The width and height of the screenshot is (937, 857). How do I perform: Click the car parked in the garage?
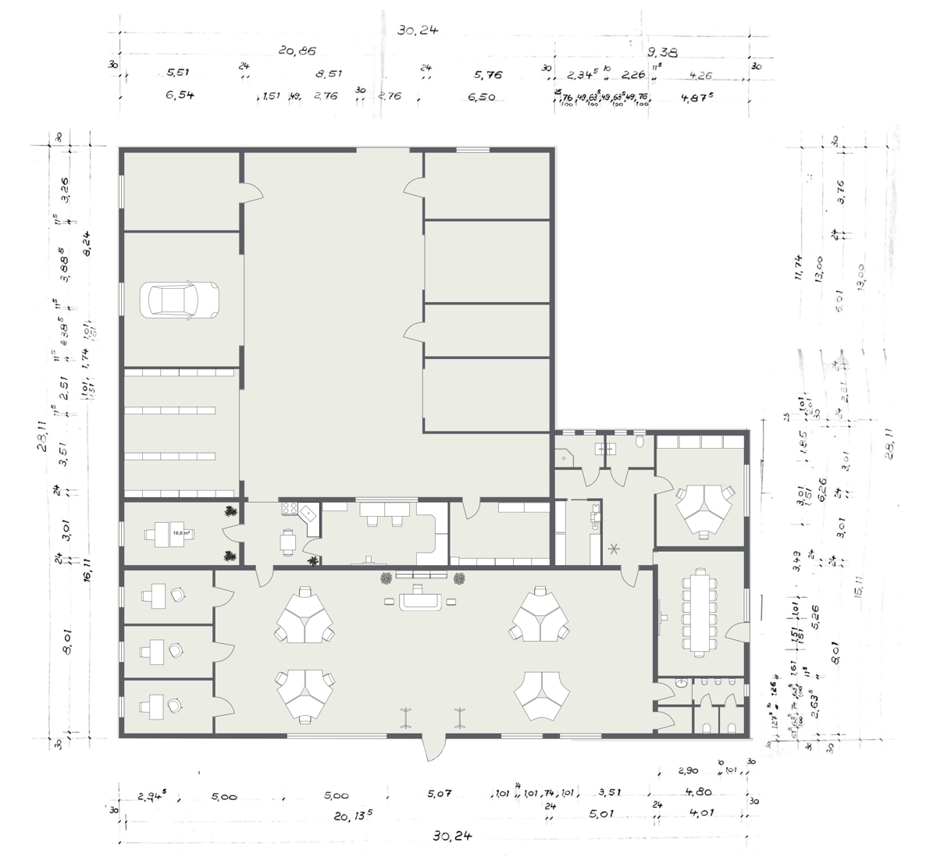179,299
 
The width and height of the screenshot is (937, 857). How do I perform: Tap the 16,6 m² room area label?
182,533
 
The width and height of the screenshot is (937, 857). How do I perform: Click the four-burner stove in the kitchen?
288,509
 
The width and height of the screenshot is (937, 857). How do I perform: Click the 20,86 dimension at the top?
297,52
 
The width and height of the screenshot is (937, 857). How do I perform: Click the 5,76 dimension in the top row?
488,76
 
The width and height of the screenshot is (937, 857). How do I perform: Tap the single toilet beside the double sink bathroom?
640,442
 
